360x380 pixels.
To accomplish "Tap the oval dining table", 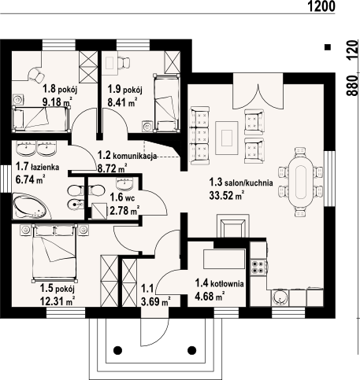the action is tap(301, 182).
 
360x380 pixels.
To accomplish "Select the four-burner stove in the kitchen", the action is tap(258, 267).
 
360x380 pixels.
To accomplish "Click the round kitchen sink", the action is tap(280, 298).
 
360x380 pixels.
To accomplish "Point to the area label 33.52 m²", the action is tap(227, 195).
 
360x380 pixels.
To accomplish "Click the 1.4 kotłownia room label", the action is tap(219, 283).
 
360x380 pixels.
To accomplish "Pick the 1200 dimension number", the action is tap(321, 6).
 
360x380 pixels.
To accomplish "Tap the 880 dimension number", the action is tap(353, 86).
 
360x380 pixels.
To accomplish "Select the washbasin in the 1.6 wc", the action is tap(124, 183).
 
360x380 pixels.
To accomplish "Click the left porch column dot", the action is tap(117, 350).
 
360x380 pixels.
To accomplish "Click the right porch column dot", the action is tap(192, 350).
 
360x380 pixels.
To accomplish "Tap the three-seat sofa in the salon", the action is tap(199, 135).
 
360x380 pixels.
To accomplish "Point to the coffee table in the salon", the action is tap(227, 138).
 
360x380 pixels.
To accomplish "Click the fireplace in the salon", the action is tap(232, 226).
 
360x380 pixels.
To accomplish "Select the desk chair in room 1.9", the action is tap(124, 62).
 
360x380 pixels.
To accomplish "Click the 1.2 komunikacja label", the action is tap(127, 156).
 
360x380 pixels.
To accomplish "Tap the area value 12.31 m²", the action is tap(58, 301).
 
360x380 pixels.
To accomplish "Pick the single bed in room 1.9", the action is tap(167, 102).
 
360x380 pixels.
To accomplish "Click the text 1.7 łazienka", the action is tap(37, 167).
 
